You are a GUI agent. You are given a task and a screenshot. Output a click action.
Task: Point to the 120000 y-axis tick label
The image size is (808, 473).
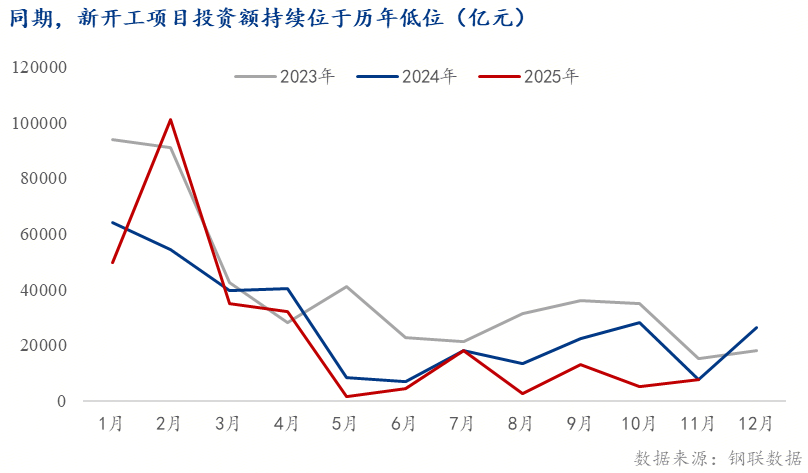[x=39, y=67]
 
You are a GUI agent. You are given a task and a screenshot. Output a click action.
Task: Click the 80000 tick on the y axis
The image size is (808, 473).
[x=43, y=178]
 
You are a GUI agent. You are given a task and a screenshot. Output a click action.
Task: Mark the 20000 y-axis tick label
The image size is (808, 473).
[x=43, y=345]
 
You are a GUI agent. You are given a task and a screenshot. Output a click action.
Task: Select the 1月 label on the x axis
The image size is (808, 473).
[x=112, y=424]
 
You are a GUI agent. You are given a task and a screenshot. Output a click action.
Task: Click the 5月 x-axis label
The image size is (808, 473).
[x=345, y=424]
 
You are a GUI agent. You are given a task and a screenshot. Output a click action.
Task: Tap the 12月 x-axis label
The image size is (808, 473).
[x=752, y=424]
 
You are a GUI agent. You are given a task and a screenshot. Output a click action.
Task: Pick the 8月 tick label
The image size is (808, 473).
[x=520, y=424]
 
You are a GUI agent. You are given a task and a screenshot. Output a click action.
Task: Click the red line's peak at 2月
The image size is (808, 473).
[x=171, y=120]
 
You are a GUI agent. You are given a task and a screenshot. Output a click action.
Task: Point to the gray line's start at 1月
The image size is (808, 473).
[x=112, y=139]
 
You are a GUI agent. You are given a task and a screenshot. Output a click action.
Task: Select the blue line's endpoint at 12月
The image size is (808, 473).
[x=756, y=327]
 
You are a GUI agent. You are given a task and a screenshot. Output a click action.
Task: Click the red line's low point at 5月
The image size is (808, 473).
[x=346, y=396]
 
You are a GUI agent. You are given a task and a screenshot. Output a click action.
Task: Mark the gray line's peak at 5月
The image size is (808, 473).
[x=346, y=287]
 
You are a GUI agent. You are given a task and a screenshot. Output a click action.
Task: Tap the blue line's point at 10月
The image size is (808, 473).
[x=639, y=322]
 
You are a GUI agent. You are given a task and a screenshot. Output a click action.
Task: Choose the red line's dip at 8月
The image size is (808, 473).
[x=522, y=393]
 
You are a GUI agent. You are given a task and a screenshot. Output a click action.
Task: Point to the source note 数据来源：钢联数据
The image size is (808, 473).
[x=718, y=458]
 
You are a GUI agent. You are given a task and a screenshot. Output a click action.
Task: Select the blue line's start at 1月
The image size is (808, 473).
[x=112, y=222]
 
